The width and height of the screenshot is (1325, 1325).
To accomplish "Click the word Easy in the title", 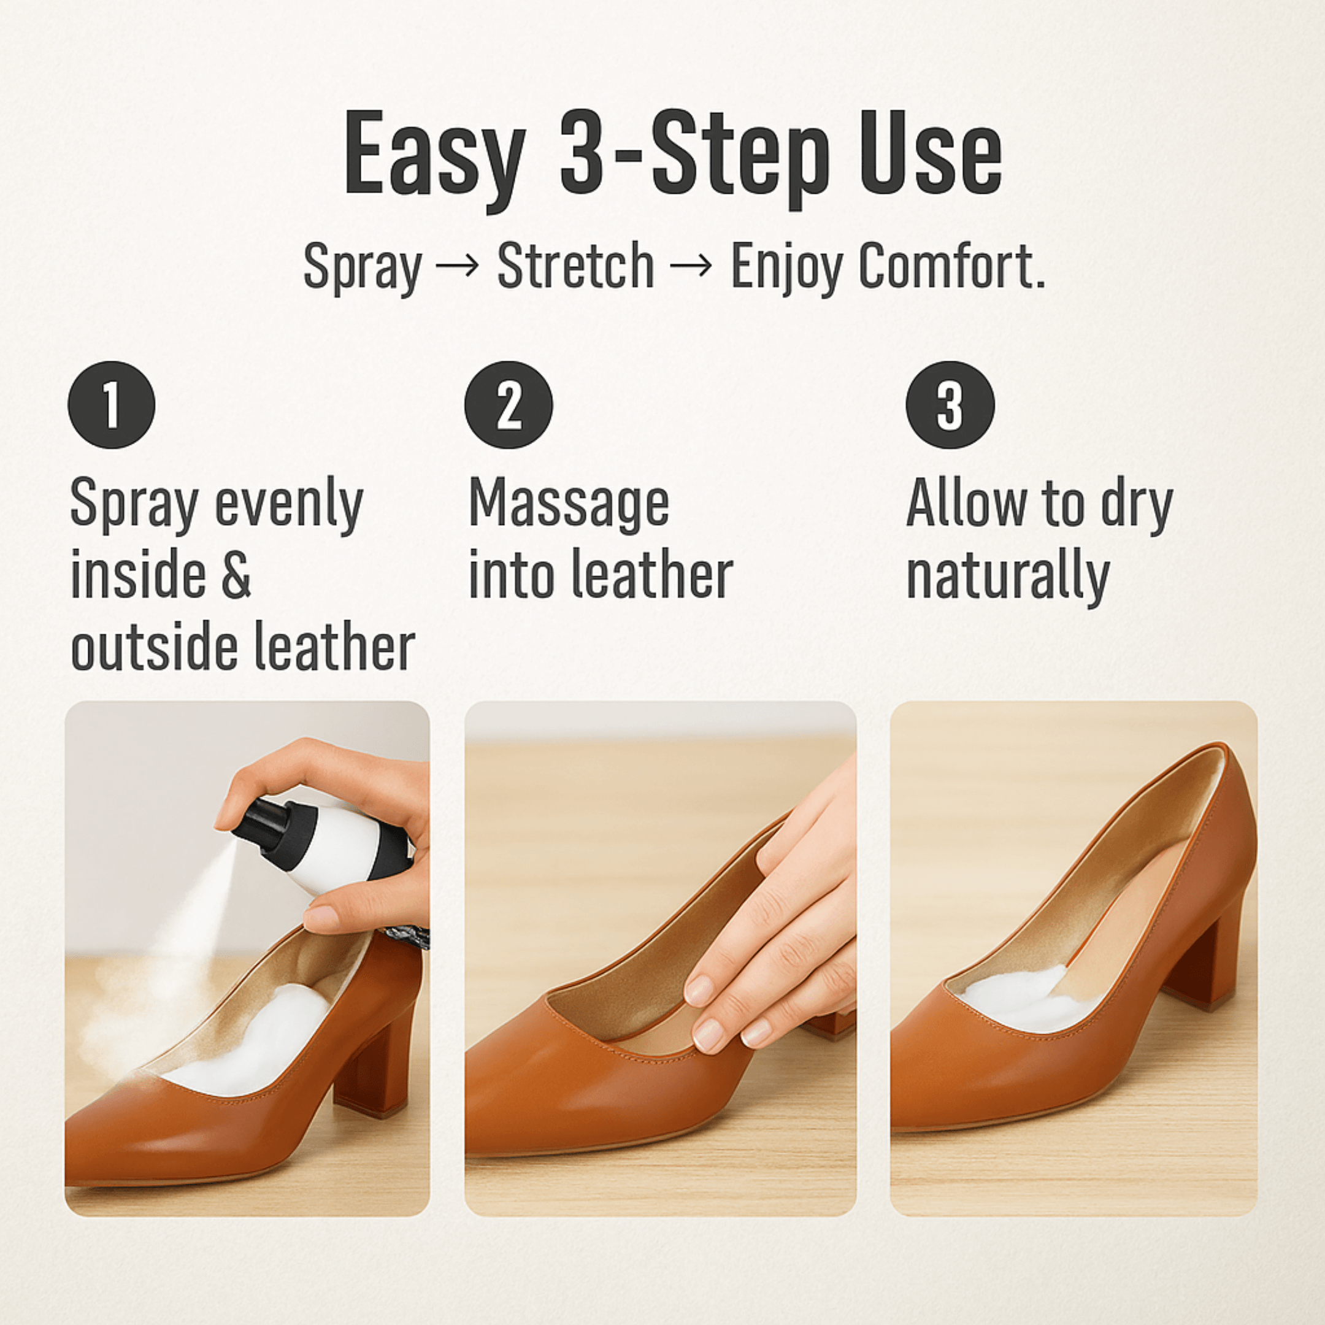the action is tap(435, 158).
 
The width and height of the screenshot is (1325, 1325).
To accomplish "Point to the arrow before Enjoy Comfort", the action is tap(692, 266).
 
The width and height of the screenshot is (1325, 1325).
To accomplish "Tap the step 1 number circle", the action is tap(111, 405).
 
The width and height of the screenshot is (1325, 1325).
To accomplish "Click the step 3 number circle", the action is tap(950, 405).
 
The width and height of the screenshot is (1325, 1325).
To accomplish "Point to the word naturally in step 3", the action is tap(1007, 577).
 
